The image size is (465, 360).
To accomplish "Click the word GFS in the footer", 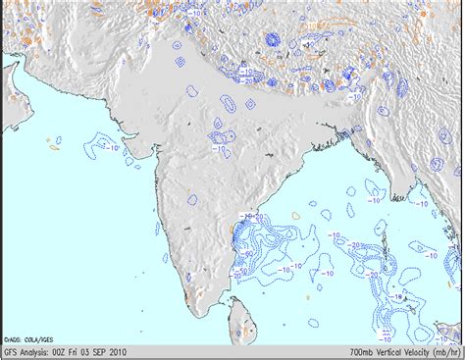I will point(11,351).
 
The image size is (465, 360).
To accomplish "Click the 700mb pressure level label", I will point(362,351).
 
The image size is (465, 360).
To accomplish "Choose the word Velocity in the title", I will point(422,351).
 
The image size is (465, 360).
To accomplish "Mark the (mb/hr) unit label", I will point(450,351).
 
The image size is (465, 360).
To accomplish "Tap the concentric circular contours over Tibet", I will point(272,41).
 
